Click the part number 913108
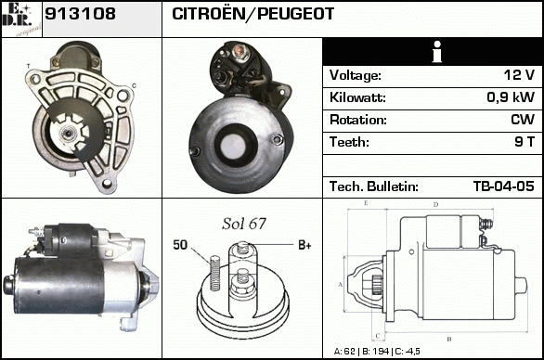(x=80, y=14)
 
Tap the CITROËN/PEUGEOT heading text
(x=253, y=14)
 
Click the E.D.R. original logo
(x=21, y=19)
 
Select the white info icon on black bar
(x=437, y=52)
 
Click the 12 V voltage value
(x=519, y=75)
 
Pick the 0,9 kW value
(x=511, y=97)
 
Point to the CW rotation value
(x=523, y=120)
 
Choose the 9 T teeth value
(x=525, y=142)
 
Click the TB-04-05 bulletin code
(x=504, y=186)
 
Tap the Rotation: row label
(x=358, y=120)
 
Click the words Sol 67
(x=244, y=224)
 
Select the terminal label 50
(x=180, y=245)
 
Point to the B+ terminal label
(x=304, y=245)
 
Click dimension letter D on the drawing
(x=435, y=205)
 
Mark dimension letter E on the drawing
(x=366, y=203)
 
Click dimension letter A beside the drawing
(x=340, y=285)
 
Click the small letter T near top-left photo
(x=29, y=66)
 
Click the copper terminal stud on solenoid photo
(x=239, y=51)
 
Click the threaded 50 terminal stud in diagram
(x=215, y=273)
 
